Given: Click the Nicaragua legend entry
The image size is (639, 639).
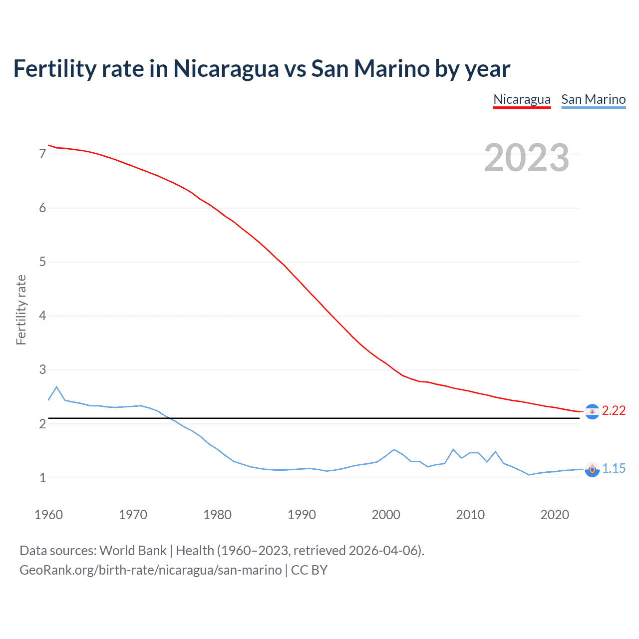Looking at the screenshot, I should click(522, 99).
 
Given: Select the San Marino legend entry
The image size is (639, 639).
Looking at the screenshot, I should click(593, 99).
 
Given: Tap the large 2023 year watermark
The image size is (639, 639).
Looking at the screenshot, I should click(526, 158).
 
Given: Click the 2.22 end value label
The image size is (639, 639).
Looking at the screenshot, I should click(614, 410).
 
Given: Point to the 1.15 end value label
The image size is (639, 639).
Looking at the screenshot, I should click(614, 468).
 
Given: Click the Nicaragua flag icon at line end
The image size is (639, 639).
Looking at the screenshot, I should click(592, 412).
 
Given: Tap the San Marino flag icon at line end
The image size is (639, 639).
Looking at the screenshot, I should click(592, 469).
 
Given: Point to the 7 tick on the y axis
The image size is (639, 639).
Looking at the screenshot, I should click(42, 154).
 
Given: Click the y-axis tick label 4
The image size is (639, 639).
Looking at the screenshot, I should click(42, 316).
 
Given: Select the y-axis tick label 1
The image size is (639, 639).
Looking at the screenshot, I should click(42, 478).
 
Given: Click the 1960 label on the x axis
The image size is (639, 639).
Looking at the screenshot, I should click(48, 515).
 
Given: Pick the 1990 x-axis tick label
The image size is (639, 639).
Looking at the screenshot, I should click(302, 515).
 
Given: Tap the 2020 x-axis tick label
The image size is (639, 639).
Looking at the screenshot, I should click(555, 515).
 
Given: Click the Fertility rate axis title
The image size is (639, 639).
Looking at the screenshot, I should click(21, 310).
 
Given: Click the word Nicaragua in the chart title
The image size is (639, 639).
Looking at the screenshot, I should click(226, 68).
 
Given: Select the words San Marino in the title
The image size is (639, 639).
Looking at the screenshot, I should click(370, 68).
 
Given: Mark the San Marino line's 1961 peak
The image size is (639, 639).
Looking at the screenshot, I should click(56, 387).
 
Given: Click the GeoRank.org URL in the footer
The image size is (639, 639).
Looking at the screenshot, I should click(150, 570).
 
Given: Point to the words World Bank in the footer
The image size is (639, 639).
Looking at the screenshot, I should click(133, 551).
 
